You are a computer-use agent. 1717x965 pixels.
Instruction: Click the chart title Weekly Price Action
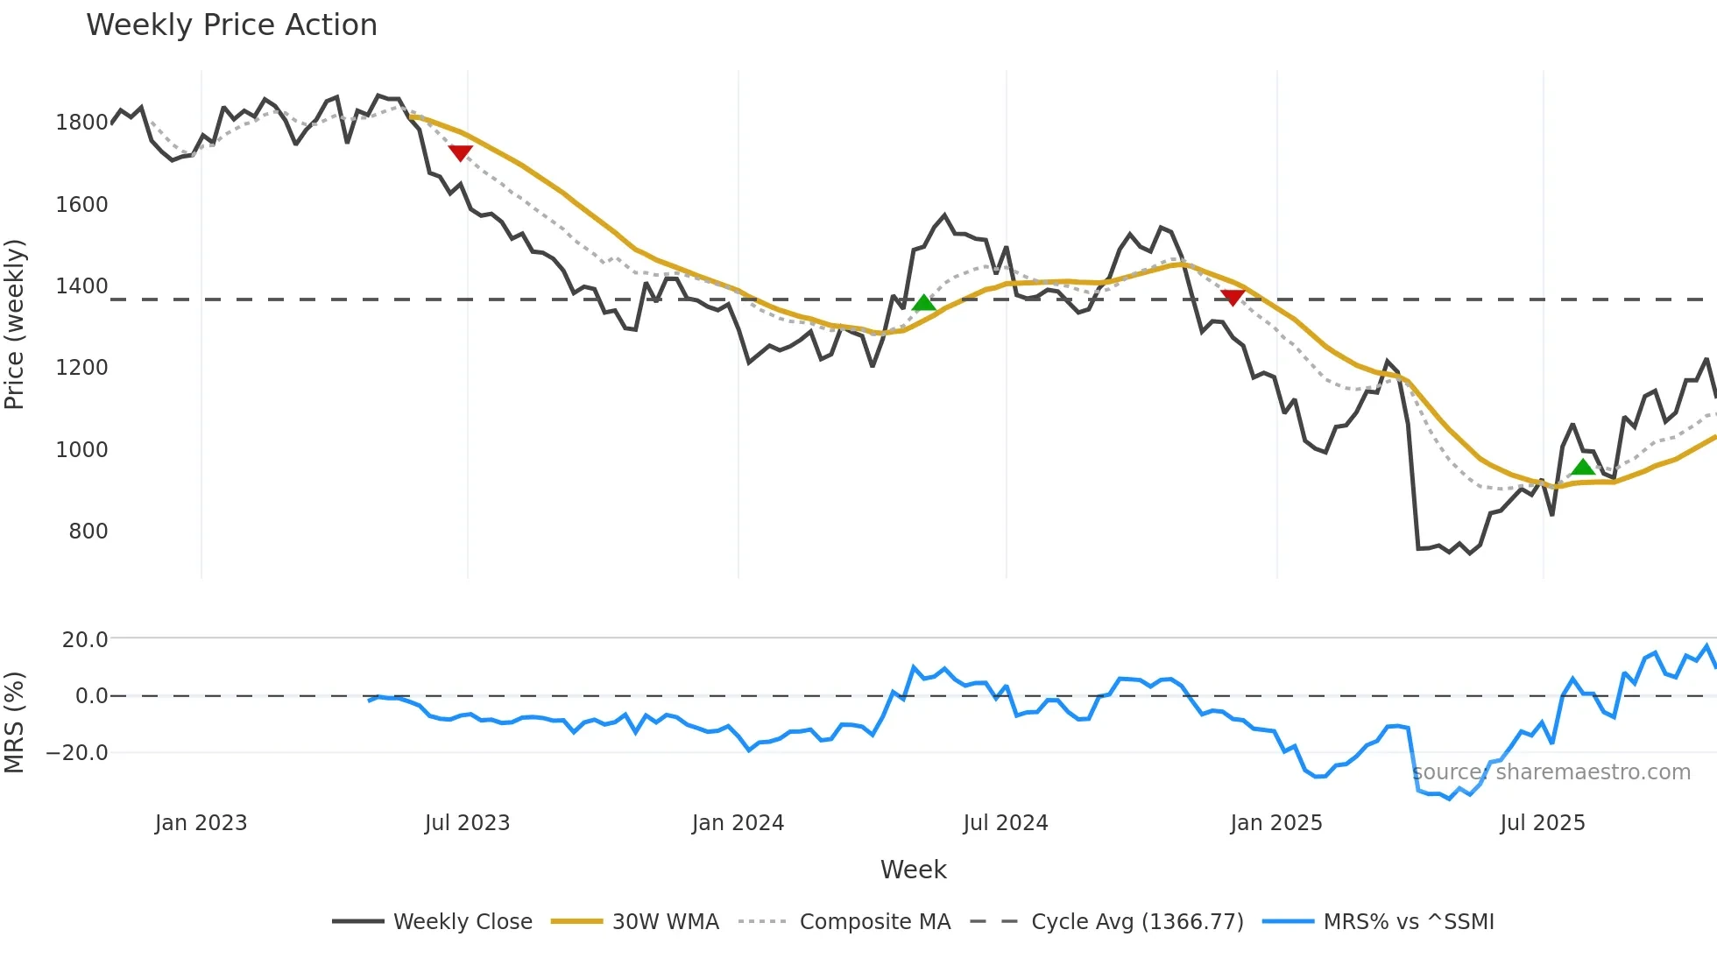pyautogui.click(x=231, y=25)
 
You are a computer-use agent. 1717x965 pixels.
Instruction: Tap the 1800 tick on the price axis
pyautogui.click(x=81, y=123)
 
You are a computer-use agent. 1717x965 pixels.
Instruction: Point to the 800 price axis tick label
pyautogui.click(x=88, y=532)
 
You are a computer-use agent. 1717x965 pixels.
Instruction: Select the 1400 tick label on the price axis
pyautogui.click(x=81, y=286)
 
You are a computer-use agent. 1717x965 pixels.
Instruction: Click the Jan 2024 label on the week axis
pyautogui.click(x=738, y=823)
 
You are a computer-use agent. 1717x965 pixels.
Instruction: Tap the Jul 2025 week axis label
pyautogui.click(x=1542, y=823)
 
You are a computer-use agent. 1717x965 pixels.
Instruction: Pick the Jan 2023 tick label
pyautogui.click(x=201, y=823)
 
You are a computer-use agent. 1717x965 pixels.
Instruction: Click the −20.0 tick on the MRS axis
pyautogui.click(x=77, y=753)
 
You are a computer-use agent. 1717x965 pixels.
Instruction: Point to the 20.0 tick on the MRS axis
pyautogui.click(x=85, y=640)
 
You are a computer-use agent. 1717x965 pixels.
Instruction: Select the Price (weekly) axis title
pyautogui.click(x=15, y=324)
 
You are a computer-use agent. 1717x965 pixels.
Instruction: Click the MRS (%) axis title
pyautogui.click(x=15, y=722)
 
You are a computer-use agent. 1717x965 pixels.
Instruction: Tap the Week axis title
pyautogui.click(x=913, y=870)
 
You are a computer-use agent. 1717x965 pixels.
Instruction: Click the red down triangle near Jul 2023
pyautogui.click(x=460, y=153)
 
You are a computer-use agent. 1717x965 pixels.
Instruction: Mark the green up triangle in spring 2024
pyautogui.click(x=923, y=303)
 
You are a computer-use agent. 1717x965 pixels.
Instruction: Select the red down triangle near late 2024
pyautogui.click(x=1233, y=298)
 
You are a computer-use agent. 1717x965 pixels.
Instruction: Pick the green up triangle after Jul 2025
pyautogui.click(x=1582, y=467)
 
